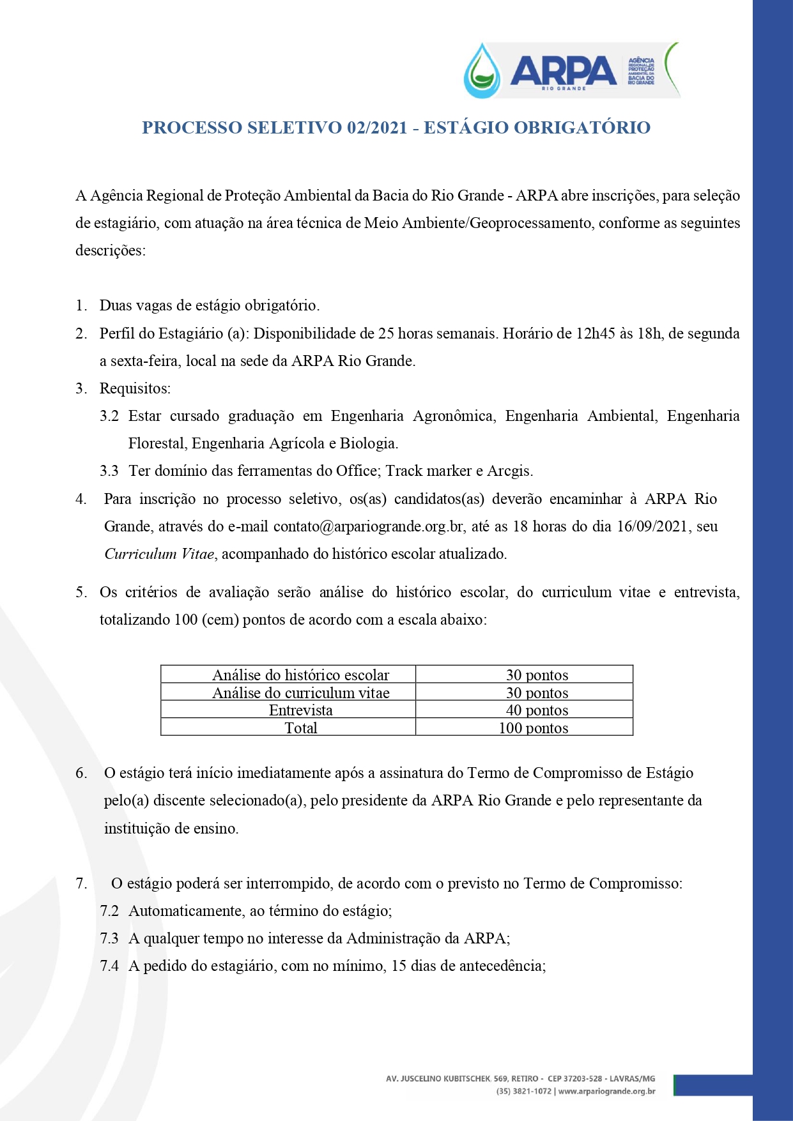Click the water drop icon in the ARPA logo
(482, 71)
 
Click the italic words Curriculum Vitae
(159, 554)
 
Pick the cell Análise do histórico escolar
(300, 675)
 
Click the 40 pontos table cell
(537, 710)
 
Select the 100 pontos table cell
(534, 728)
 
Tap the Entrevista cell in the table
(300, 710)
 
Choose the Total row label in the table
(300, 728)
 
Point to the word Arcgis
(509, 471)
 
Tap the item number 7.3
(109, 938)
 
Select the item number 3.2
(109, 416)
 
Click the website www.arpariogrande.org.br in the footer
(606, 1091)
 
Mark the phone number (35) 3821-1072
(523, 1091)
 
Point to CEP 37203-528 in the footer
(575, 1078)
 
